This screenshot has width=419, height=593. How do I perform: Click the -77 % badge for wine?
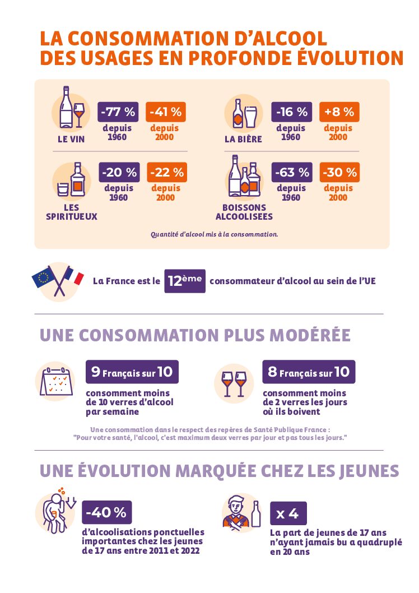[118, 112]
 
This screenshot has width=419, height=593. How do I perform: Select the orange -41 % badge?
[165, 112]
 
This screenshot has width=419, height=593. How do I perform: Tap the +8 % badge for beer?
[338, 112]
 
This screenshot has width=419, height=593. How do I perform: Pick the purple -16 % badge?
[291, 112]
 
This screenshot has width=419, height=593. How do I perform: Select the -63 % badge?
[292, 172]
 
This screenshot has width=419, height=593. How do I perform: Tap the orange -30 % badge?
[339, 172]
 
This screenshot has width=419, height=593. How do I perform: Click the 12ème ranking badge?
[184, 281]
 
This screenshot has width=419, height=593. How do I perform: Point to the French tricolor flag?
[73, 276]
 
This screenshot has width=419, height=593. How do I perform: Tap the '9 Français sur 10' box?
[132, 372]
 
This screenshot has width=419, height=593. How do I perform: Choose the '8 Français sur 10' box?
[309, 372]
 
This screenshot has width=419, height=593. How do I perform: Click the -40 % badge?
[106, 512]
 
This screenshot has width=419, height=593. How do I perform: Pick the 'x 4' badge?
[288, 513]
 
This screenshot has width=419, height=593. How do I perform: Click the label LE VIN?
[71, 139]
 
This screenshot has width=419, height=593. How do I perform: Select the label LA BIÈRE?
[243, 139]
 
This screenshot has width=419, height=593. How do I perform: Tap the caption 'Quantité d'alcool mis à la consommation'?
[214, 234]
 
